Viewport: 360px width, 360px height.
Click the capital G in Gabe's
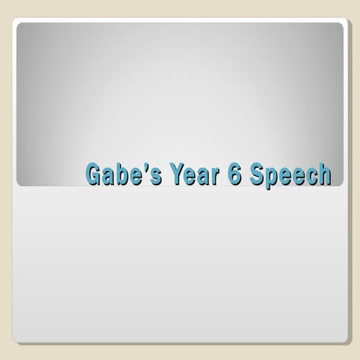[x=94, y=174]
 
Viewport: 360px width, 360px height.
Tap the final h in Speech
[x=324, y=174]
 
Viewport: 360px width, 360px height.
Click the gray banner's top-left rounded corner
[x=20, y=26]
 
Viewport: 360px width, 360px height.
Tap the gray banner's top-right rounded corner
[x=339, y=26]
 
